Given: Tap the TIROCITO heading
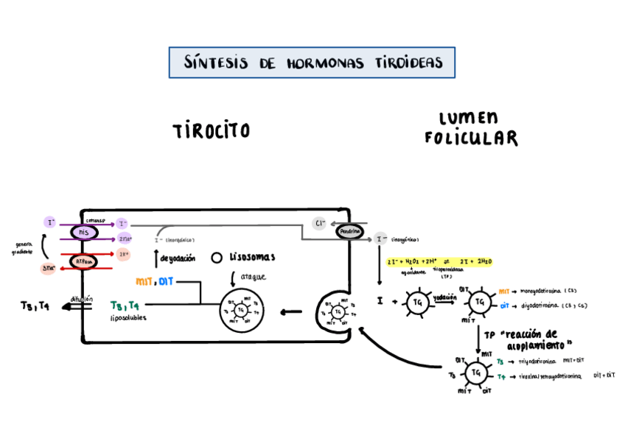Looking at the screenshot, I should click(211, 131).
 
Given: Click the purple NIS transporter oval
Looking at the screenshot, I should click(84, 232).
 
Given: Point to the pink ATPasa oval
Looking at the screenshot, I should click(84, 261).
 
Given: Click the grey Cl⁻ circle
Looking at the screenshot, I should click(318, 223).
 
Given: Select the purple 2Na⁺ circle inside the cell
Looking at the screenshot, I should click(125, 238).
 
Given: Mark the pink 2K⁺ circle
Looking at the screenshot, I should click(124, 253).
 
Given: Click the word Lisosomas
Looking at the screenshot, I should click(252, 258).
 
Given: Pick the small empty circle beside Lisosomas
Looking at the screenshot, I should click(217, 258).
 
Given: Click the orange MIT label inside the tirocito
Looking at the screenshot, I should click(144, 282).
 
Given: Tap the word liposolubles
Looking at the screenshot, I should click(128, 318).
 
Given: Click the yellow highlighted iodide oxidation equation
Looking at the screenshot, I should click(439, 261).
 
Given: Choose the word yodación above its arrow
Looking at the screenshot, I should click(444, 296).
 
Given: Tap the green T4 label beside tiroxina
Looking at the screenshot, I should click(500, 376).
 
